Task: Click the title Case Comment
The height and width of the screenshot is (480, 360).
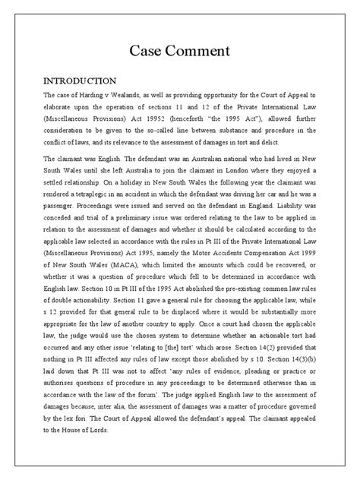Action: coord(180,51)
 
